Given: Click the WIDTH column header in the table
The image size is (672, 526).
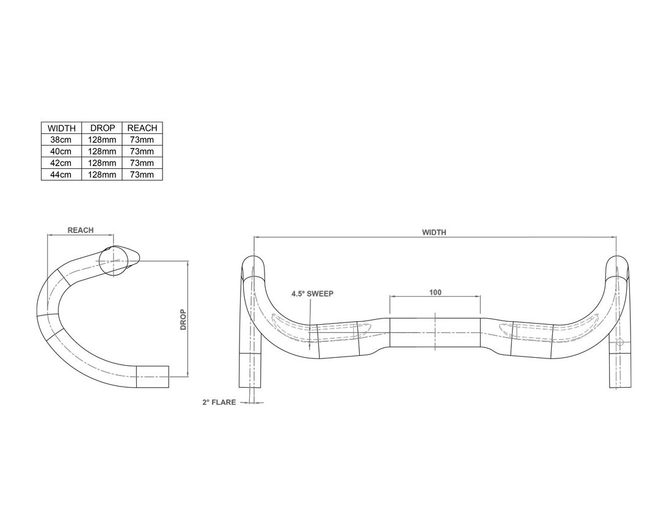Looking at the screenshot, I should (61, 128).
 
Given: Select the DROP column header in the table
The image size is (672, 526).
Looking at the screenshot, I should (102, 128).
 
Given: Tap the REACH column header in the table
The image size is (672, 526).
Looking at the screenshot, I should (142, 128).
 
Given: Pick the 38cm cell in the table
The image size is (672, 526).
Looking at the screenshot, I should (61, 140).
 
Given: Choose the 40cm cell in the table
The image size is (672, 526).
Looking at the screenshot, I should (61, 151).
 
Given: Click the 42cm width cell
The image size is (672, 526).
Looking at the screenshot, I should (61, 163).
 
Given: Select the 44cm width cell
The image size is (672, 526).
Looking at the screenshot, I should (61, 174).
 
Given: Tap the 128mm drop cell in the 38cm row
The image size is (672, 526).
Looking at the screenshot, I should (102, 140).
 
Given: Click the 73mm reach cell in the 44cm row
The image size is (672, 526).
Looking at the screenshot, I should (142, 174).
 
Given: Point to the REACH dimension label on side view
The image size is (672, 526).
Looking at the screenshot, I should (80, 231).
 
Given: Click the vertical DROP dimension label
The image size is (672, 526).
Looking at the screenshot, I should (183, 319).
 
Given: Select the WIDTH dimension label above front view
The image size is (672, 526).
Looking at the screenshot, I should (434, 232).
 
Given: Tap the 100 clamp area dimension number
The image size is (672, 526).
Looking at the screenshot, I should (435, 293).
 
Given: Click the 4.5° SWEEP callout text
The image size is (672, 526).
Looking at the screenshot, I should (312, 294).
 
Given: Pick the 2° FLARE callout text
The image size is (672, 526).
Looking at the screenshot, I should (219, 402).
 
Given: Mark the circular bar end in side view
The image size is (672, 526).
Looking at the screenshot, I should (112, 262).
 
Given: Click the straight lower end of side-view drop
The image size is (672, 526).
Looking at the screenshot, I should (152, 377).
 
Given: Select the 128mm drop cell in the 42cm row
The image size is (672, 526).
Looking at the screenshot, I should (102, 163).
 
